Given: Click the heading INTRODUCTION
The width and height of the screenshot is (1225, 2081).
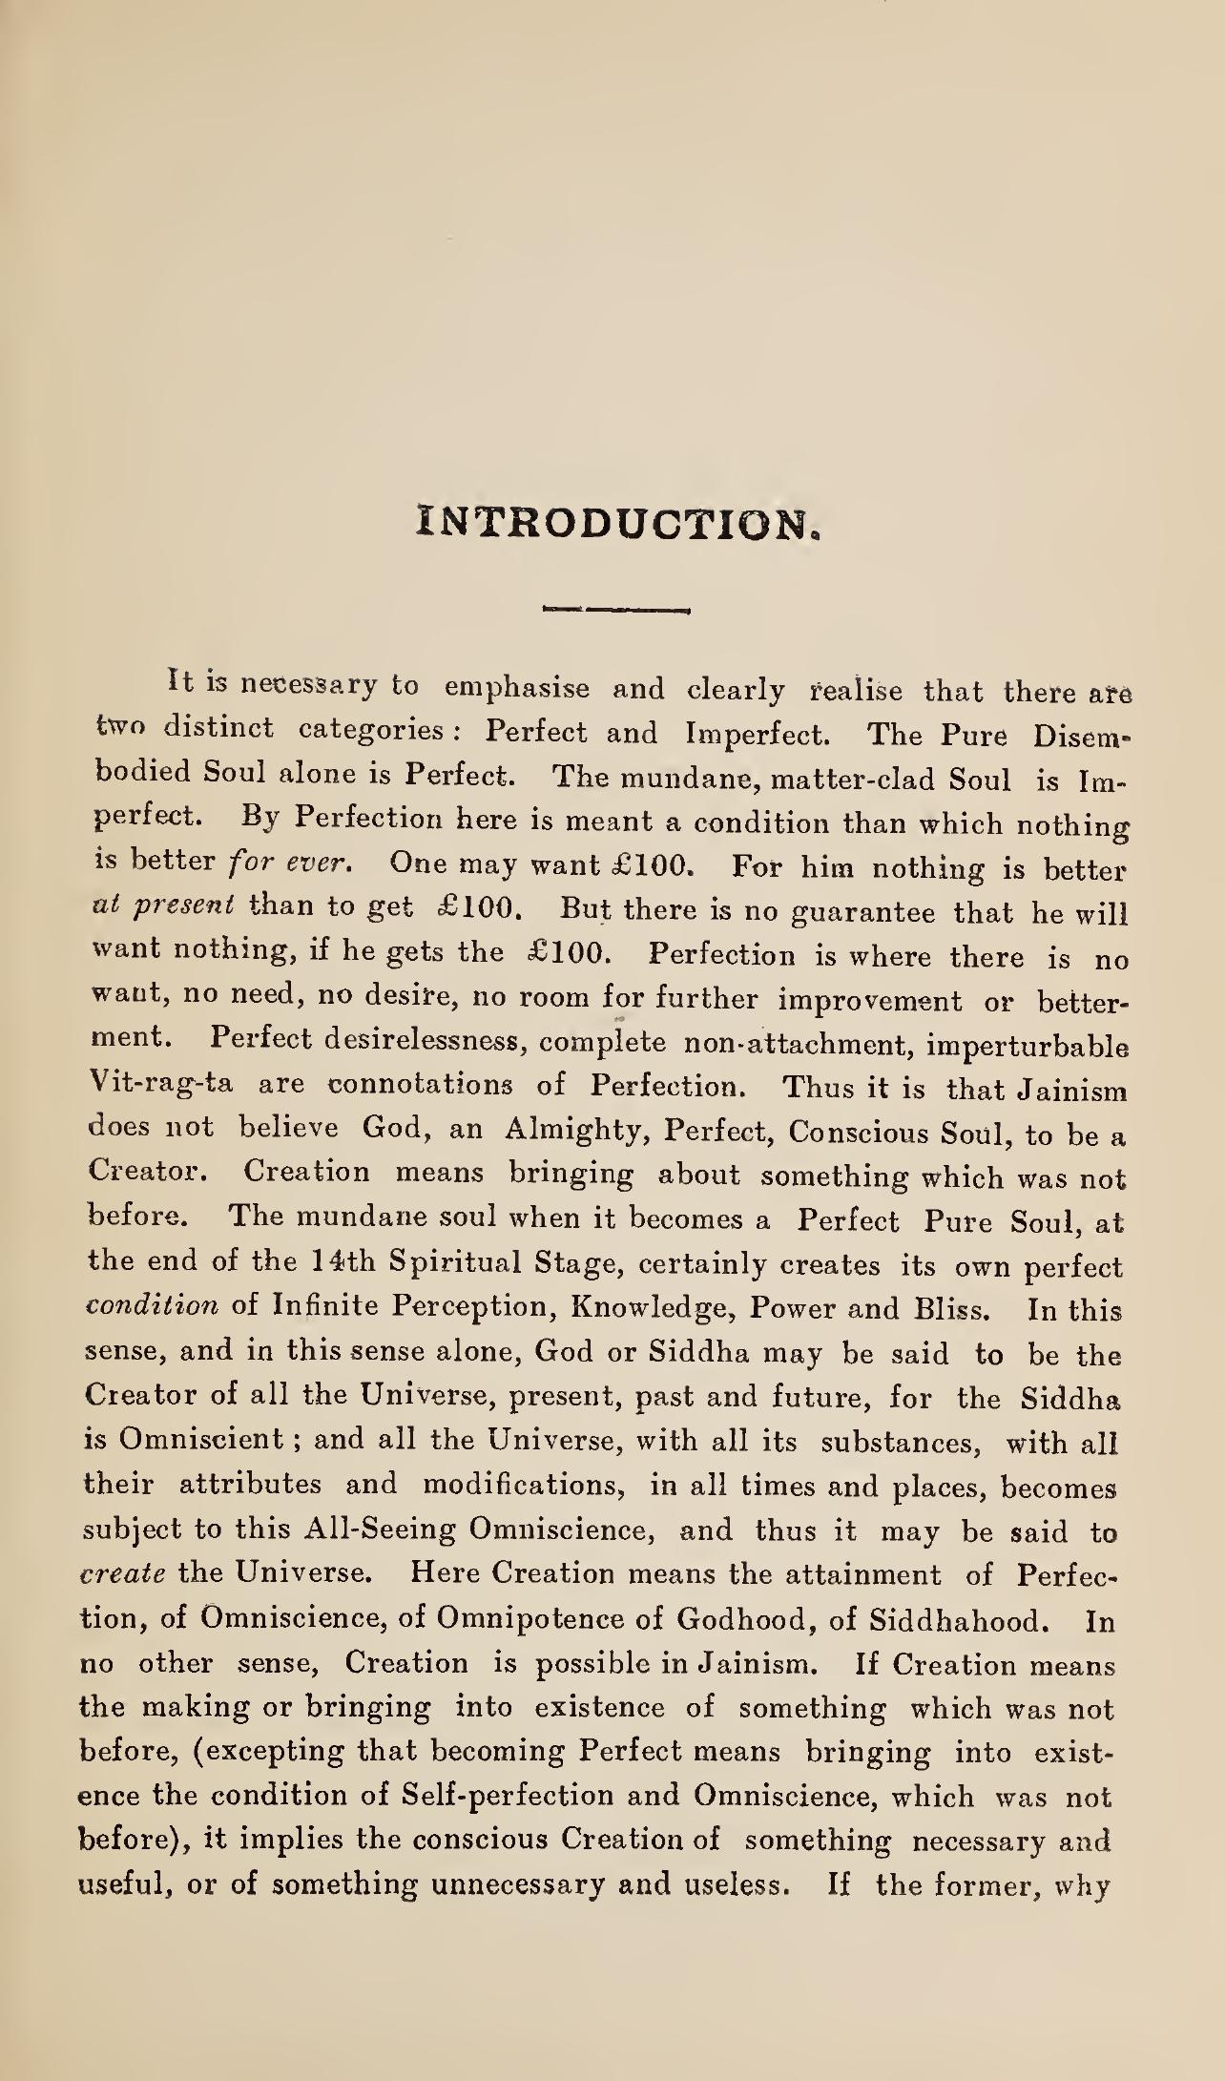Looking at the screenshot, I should [618, 524].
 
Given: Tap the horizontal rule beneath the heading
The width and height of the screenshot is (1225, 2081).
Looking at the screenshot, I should [614, 607].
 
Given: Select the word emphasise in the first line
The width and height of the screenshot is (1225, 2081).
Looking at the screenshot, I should [517, 687].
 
